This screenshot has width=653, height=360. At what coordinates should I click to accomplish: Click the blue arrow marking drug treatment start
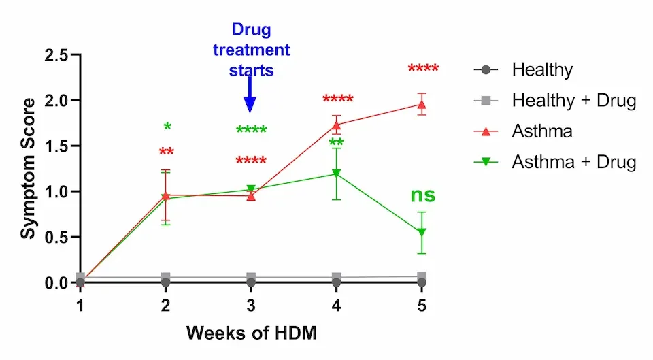(x=250, y=95)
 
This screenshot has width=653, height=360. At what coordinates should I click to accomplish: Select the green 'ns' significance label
(x=422, y=195)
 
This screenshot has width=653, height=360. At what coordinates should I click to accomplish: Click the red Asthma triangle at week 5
(x=422, y=105)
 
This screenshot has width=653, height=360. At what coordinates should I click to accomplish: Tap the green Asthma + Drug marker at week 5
(x=422, y=233)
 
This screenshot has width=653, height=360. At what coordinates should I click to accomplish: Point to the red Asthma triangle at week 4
(x=337, y=125)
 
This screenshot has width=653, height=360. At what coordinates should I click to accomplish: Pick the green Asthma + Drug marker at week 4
(x=337, y=174)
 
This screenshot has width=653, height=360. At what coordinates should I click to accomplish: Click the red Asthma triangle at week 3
(x=251, y=196)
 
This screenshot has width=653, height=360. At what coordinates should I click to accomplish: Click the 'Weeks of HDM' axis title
(x=251, y=333)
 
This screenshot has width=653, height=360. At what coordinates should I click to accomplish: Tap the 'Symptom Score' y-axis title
(x=28, y=168)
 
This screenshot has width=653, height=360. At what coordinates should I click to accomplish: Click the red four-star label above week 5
(x=423, y=69)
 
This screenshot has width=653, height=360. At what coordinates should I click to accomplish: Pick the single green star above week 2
(x=167, y=127)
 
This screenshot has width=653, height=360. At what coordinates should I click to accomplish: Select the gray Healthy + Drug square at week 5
(x=422, y=277)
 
